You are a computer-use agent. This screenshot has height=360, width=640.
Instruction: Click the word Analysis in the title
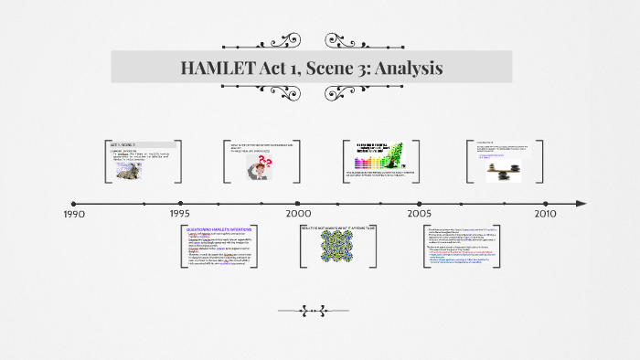point(406,68)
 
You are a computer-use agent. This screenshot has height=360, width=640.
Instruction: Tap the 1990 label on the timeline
point(74,215)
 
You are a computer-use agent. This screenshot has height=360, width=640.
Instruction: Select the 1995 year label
point(179,215)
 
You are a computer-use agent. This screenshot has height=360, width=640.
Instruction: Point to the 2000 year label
point(298,215)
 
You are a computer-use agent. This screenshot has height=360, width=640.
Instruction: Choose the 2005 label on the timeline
point(420,215)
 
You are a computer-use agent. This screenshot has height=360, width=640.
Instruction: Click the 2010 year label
point(545,215)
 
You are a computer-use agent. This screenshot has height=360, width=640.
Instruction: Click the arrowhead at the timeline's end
point(581,203)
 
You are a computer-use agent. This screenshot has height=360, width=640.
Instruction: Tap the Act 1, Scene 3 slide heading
point(123,145)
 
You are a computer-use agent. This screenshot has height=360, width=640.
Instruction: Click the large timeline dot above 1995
point(180,203)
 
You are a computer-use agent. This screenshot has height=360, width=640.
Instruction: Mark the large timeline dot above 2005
point(420,203)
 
